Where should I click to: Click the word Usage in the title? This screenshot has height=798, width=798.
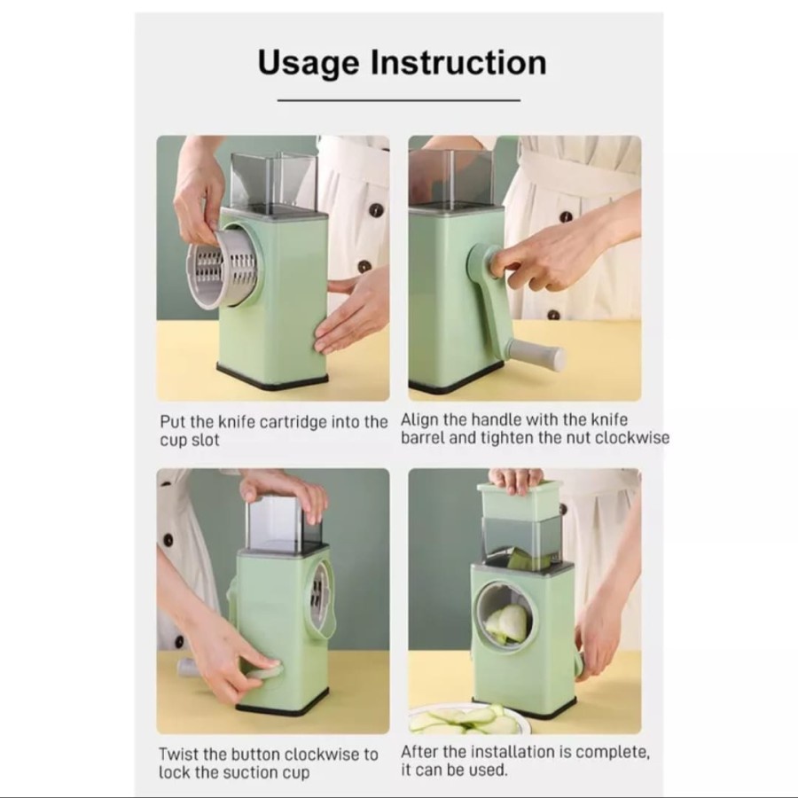pos(309,64)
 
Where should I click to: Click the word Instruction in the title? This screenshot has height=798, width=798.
pos(458,62)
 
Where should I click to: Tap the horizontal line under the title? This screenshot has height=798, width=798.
pos(398,100)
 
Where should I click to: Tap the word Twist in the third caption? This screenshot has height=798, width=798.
pos(177,754)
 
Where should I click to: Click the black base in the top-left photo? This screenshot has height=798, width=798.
pos(272,377)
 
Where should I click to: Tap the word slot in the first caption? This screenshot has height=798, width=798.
pos(205,440)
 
